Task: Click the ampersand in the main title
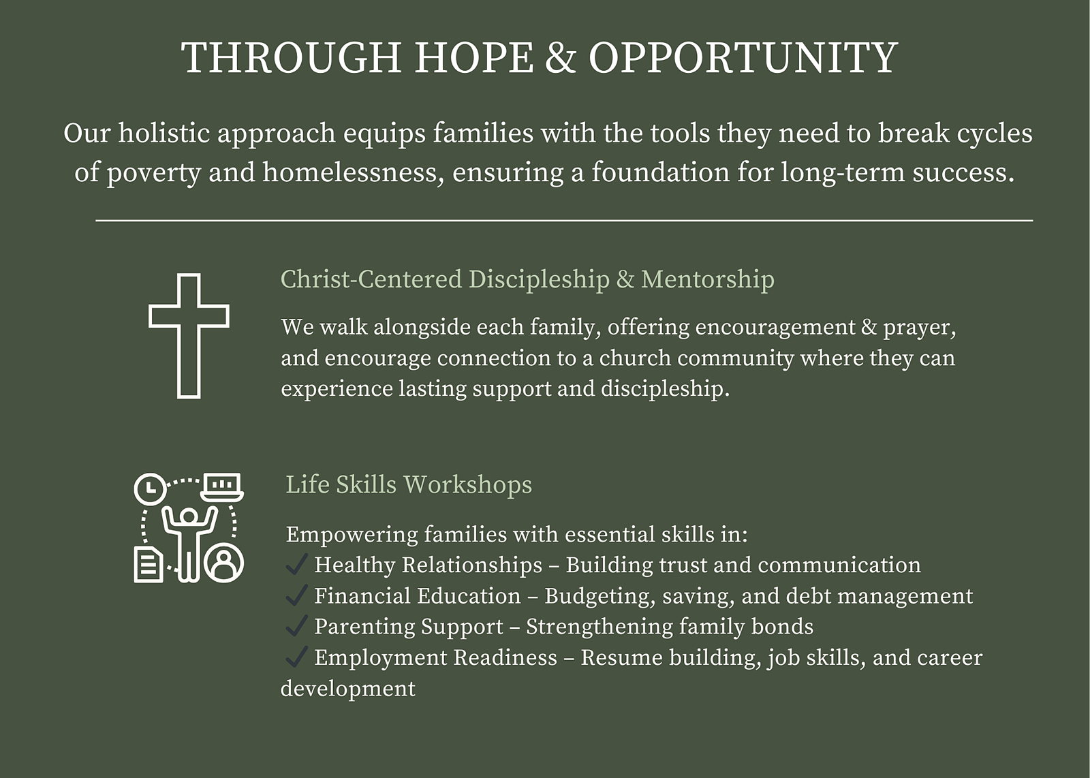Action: [561, 57]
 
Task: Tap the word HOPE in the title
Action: [474, 57]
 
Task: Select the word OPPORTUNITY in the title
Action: [743, 57]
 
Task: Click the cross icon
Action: [189, 336]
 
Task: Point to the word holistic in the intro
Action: [164, 133]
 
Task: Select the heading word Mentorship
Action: [708, 279]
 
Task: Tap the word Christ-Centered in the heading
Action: [371, 279]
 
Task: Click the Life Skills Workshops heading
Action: [409, 484]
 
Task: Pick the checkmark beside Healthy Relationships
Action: [296, 564]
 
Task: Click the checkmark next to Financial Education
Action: [296, 595]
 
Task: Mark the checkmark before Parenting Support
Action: [296, 625]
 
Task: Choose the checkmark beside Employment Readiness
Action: [296, 656]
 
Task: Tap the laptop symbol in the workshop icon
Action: [222, 487]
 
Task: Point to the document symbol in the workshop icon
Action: [149, 564]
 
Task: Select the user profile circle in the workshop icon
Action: [224, 563]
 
